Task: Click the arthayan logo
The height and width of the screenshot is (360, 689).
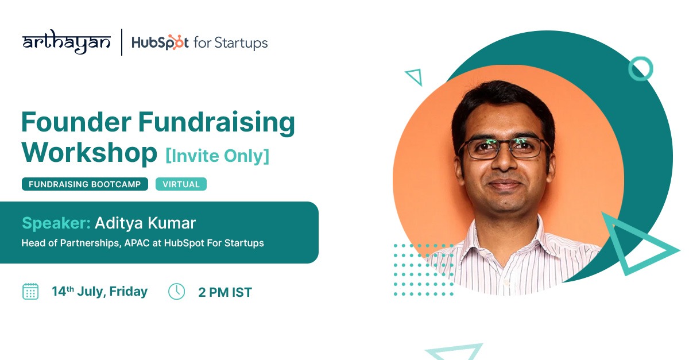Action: [66, 42]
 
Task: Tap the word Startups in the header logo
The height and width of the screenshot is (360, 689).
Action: [241, 43]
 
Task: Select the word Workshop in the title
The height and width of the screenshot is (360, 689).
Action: [89, 152]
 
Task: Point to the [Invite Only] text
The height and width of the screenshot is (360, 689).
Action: [217, 155]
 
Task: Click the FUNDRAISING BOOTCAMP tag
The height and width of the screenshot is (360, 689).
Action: [85, 184]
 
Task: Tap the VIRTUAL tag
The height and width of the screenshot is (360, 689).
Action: [181, 184]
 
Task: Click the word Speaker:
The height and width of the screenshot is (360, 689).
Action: [56, 223]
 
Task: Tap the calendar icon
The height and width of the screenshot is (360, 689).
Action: [30, 292]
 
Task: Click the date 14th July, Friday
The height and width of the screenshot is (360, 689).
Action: [99, 292]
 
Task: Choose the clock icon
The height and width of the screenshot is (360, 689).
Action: [176, 292]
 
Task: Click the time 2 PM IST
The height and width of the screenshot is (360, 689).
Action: [225, 292]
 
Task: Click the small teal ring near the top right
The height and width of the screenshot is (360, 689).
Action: [640, 69]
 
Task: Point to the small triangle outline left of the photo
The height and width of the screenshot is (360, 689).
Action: [415, 76]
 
